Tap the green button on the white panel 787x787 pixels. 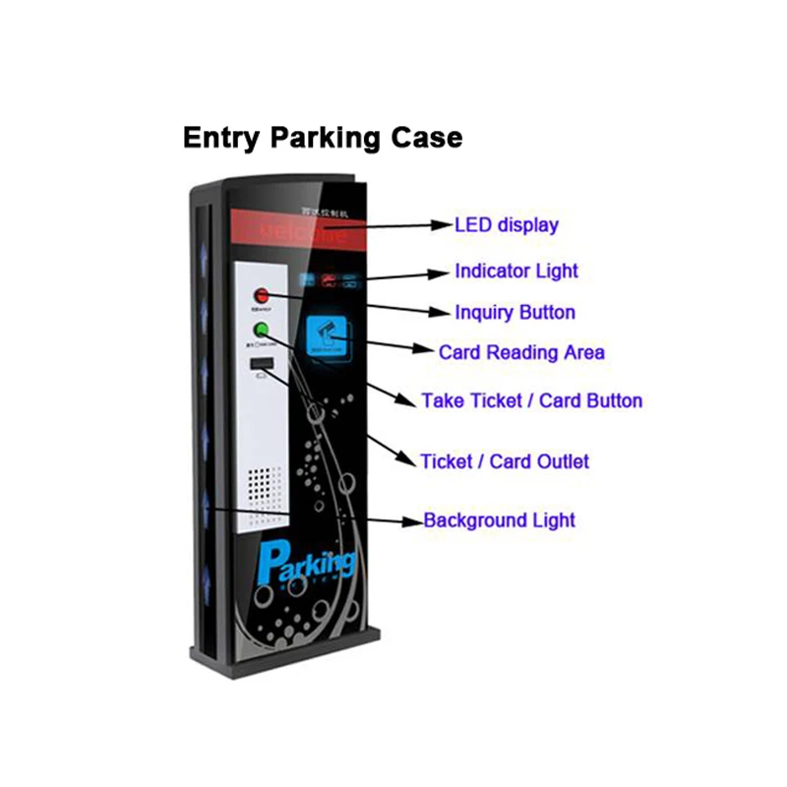point(262,331)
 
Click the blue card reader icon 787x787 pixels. point(329,334)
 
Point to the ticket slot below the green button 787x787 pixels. point(261,367)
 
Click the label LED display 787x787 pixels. point(506,224)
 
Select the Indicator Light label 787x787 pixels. point(515,271)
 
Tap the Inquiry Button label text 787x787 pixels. point(515,312)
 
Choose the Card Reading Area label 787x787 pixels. point(521,351)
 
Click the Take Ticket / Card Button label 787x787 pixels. point(531,400)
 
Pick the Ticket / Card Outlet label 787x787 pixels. point(505,460)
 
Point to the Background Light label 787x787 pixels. point(499,519)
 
